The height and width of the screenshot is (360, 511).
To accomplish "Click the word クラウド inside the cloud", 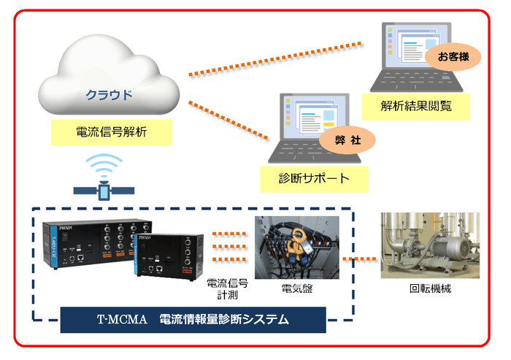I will [x=109, y=96].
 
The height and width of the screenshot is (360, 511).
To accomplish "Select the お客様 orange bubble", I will [x=454, y=57].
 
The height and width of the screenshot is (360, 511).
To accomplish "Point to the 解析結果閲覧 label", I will [x=416, y=106].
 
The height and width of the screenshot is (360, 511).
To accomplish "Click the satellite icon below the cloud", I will [x=104, y=191].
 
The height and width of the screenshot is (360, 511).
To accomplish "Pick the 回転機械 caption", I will [x=430, y=288].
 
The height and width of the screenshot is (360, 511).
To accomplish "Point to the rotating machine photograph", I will [x=430, y=246].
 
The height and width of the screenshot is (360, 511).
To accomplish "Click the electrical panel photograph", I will [x=296, y=246].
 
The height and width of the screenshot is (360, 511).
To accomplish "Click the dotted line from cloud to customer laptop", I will [x=277, y=58].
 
